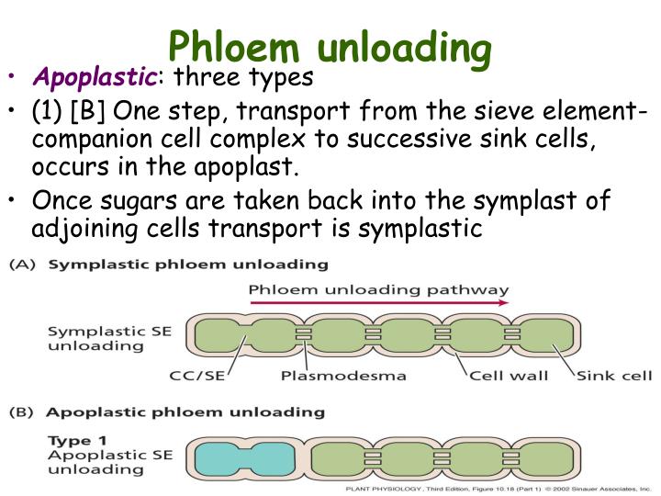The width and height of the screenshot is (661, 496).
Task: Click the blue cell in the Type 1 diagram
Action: point(241,457)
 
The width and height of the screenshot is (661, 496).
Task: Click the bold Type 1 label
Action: point(73,441)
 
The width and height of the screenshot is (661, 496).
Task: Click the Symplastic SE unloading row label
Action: point(95,338)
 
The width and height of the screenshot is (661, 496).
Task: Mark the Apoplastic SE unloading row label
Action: point(95,462)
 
